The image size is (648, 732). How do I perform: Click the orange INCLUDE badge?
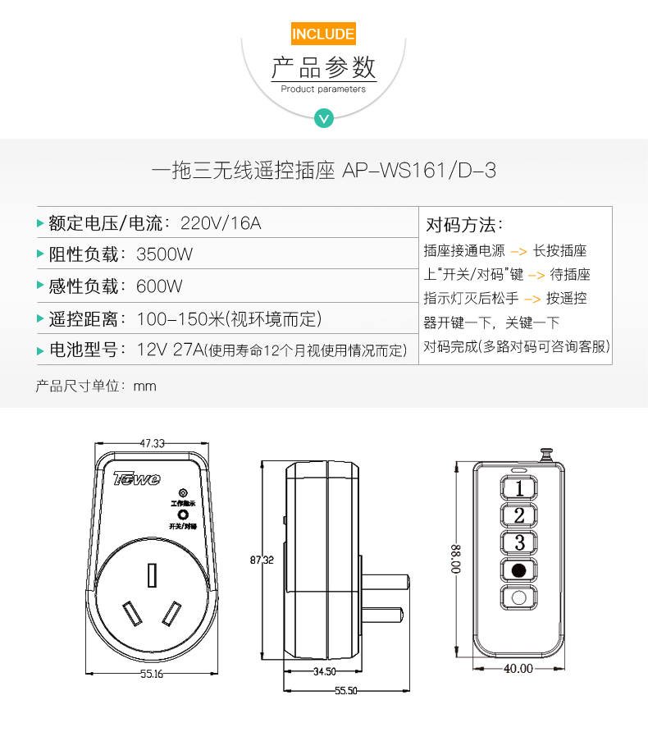323,34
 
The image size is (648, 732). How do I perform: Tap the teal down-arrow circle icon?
324,118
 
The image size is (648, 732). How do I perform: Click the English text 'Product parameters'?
323,89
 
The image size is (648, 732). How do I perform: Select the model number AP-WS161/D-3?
419,171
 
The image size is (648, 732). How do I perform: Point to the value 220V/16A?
221,223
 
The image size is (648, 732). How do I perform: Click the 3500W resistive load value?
164,254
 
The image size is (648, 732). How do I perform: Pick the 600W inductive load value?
159,286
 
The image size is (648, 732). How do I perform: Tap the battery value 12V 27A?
171,350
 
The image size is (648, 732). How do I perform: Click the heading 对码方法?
464,225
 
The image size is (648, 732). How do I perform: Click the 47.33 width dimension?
153,443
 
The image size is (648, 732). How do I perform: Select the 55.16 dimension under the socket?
152,674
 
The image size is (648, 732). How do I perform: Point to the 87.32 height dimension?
262,560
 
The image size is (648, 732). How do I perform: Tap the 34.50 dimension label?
324,671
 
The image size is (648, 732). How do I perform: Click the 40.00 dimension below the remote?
518,669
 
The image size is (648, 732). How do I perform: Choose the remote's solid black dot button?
518,570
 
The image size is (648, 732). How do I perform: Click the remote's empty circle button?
518,597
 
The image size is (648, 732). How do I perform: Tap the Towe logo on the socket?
137,478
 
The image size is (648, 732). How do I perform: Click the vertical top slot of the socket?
152,575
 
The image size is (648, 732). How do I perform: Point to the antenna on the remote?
545,455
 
